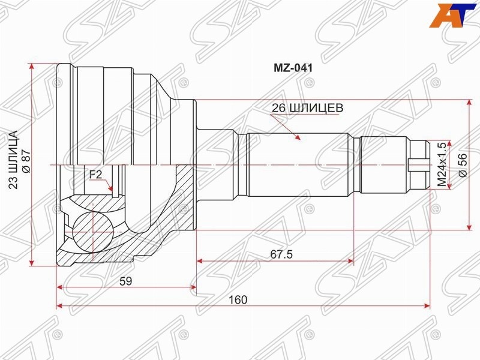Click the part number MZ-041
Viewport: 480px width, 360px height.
tap(293, 68)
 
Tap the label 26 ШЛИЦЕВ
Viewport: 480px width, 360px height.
tap(307, 108)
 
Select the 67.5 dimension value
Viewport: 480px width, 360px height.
tap(281, 254)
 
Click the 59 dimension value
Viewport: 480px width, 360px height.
tap(125, 281)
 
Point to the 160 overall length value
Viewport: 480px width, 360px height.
tap(238, 299)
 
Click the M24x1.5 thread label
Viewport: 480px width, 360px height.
tap(442, 164)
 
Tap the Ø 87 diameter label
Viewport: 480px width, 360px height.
tap(26, 161)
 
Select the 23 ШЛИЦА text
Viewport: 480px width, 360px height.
tap(13, 160)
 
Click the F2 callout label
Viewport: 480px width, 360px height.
tap(95, 175)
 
